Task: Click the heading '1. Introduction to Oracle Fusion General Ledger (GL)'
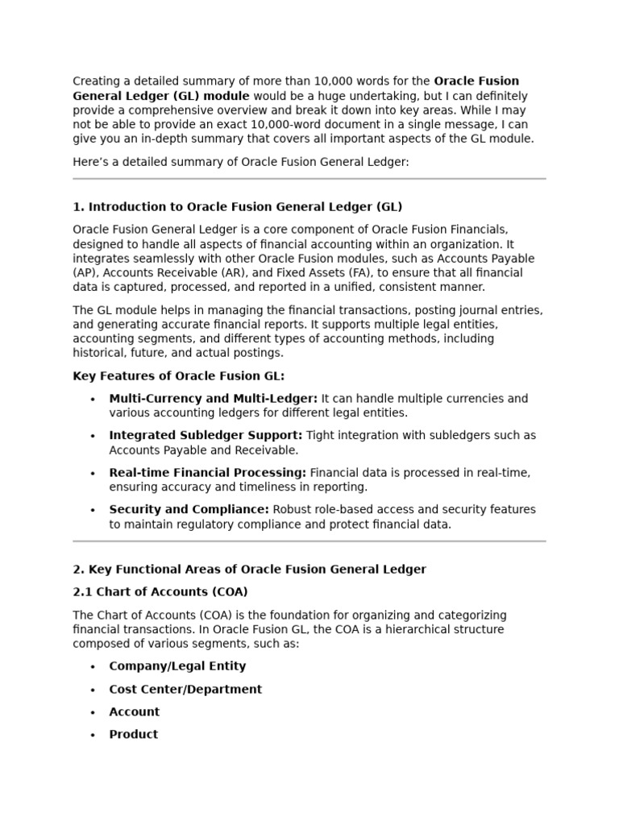[237, 207]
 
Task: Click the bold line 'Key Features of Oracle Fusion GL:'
[178, 376]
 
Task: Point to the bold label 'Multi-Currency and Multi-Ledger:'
[213, 399]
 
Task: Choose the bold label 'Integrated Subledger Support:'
[206, 436]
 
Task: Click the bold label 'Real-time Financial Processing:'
[207, 473]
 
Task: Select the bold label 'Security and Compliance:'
[189, 510]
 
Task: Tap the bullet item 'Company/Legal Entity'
[177, 666]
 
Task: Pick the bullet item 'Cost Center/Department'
[185, 690]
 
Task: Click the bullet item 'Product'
[134, 735]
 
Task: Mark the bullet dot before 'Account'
[93, 713]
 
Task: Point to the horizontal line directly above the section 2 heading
[309, 541]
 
